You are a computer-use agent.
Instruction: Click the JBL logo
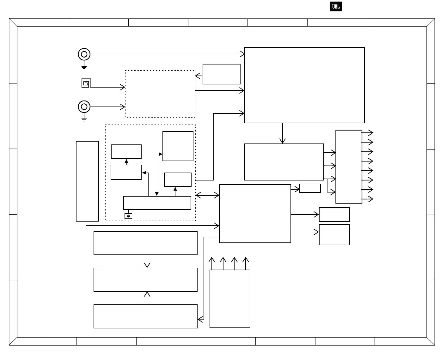coord(335,7)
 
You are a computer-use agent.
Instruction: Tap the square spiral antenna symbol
coord(86,83)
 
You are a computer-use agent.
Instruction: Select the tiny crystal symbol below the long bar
coord(128,216)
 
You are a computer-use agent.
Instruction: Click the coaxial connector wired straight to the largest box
coord(84,54)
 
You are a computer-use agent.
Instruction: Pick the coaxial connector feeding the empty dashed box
coord(84,107)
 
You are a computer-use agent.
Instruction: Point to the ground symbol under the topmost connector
coord(84,67)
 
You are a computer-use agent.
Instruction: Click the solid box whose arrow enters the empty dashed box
coord(221,74)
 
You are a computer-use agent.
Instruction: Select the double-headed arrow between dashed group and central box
coord(207,195)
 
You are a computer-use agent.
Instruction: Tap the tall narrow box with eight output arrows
coord(349,167)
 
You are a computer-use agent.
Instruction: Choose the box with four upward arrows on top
coord(230,299)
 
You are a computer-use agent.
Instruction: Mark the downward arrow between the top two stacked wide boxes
coord(147,261)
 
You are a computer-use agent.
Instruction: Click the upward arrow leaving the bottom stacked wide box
coord(147,298)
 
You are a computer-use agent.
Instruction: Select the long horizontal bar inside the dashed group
coord(157,203)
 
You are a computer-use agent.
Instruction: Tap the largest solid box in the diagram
coord(304,85)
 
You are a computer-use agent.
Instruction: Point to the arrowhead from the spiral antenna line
coord(123,87)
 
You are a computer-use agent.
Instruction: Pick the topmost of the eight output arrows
coord(368,133)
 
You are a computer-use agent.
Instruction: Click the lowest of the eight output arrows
coord(368,199)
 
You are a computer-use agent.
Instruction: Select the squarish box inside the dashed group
coord(178,146)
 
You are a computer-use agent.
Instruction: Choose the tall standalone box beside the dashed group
coord(88,181)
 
